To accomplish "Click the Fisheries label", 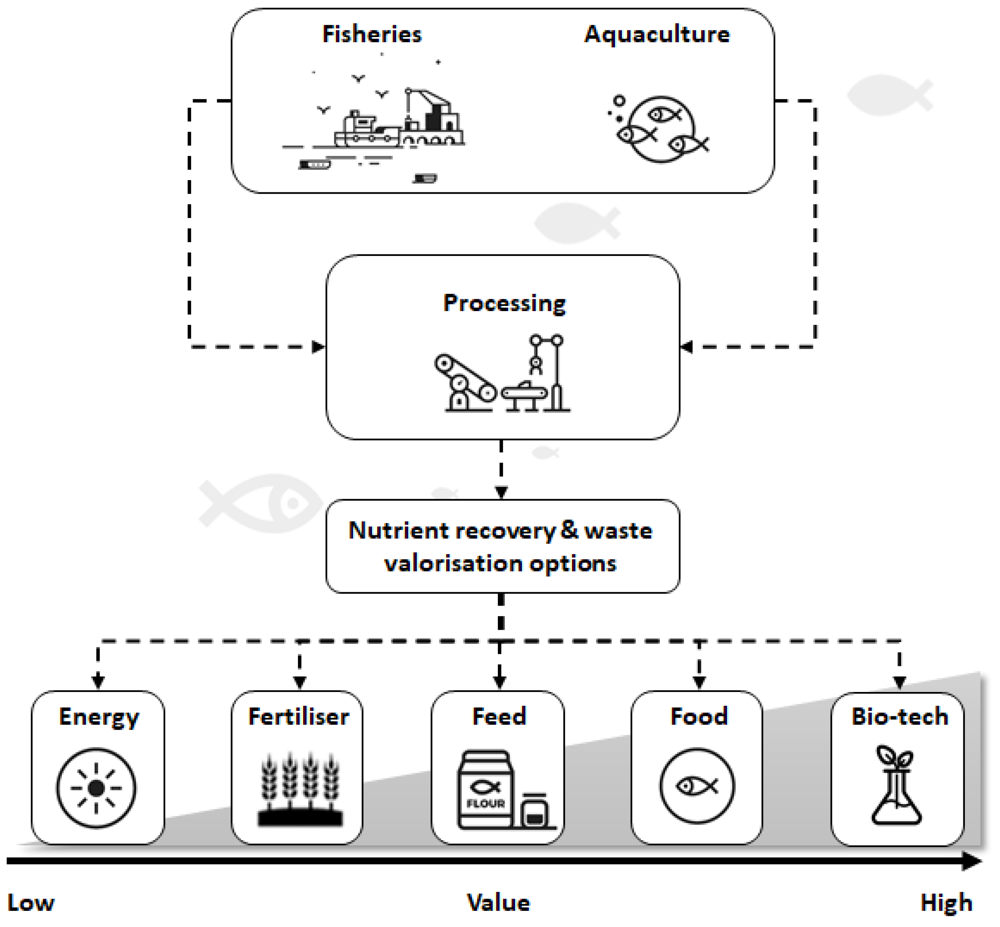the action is pyautogui.click(x=372, y=34).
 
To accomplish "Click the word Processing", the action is pyautogui.click(x=504, y=304).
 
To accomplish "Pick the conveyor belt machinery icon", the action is pyautogui.click(x=502, y=373).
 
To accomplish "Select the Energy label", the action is pyautogui.click(x=99, y=717).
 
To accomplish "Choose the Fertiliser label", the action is pyautogui.click(x=298, y=716).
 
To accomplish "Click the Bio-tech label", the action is pyautogui.click(x=900, y=716).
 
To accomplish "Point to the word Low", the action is pyautogui.click(x=31, y=903).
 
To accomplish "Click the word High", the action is pyautogui.click(x=946, y=903).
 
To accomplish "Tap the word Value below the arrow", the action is pyautogui.click(x=499, y=903).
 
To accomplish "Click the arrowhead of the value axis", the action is pyautogui.click(x=973, y=861).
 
